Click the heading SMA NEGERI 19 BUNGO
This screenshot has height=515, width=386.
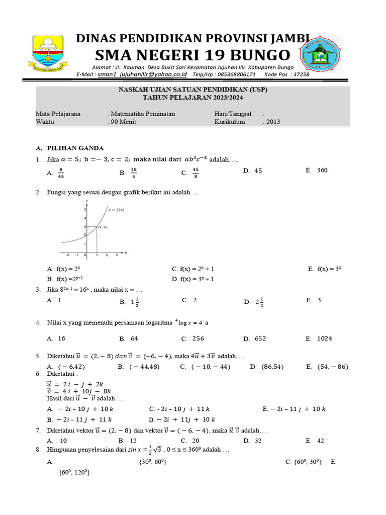pyautogui.click(x=192, y=55)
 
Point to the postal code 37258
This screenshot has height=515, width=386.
pyautogui.click(x=301, y=74)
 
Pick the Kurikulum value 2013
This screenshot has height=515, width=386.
pyautogui.click(x=273, y=122)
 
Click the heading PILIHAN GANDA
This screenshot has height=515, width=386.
pyautogui.click(x=75, y=148)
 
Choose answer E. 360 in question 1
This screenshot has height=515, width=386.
pyautogui.click(x=317, y=170)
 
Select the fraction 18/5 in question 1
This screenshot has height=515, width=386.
pyautogui.click(x=133, y=173)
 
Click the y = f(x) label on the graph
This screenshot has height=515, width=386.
pyautogui.click(x=115, y=209)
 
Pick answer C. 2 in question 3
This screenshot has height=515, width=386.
pyautogui.click(x=189, y=300)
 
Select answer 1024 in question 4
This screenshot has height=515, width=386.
pyautogui.click(x=324, y=338)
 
